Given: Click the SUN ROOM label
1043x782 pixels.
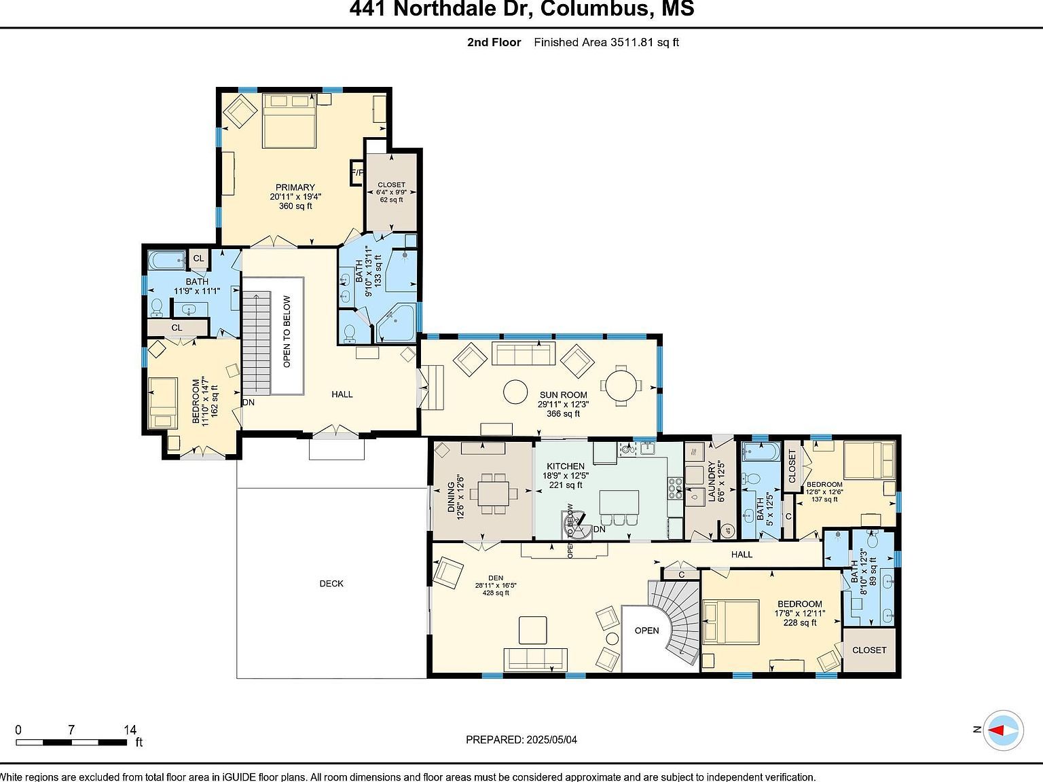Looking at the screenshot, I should pos(563,395).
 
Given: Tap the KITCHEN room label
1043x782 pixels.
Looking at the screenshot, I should pos(566,466).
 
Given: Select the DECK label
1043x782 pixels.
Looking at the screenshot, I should pos(331,584).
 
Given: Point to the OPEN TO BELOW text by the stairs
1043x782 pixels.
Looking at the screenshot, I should pos(287,331).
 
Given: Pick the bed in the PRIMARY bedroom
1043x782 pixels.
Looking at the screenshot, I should pos(289,121).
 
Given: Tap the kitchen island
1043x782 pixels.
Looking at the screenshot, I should pos(619,503).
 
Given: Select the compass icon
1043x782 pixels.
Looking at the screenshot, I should pos(1004,730).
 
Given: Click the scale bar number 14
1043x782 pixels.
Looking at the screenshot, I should pos(130,730).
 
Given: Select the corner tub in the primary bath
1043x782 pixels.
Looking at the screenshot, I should pos(396,322).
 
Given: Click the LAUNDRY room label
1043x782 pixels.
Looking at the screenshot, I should pos(712,482).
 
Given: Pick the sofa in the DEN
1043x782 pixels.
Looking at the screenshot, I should pos(535,658).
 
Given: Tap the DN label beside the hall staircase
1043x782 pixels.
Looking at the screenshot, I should pos(249,402).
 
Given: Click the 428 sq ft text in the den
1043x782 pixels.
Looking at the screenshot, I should pos(495,593).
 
